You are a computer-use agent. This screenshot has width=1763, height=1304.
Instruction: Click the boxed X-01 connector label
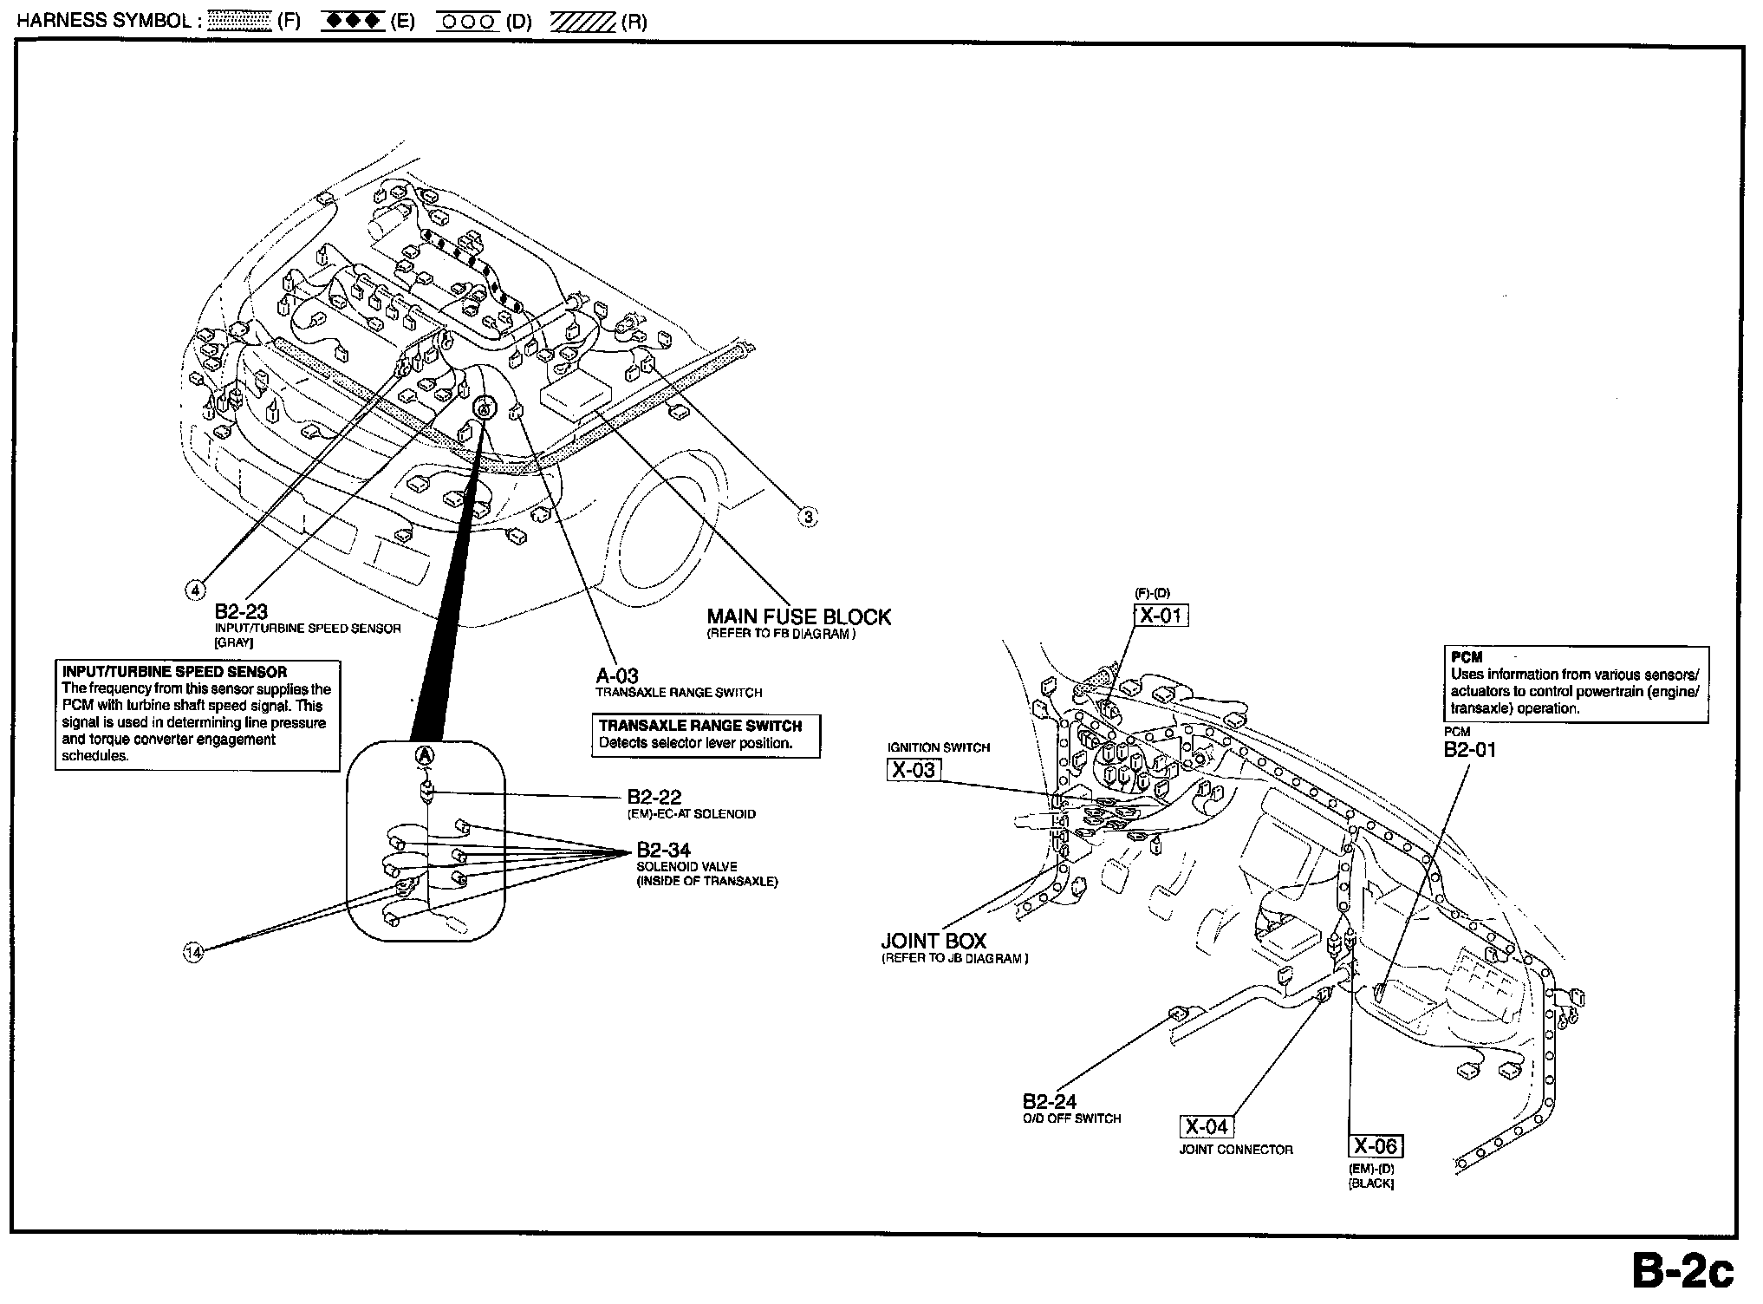tap(1161, 616)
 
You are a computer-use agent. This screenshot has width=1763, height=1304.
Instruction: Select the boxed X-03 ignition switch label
tap(914, 769)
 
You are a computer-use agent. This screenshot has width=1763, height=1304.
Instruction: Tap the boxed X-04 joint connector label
tap(1206, 1126)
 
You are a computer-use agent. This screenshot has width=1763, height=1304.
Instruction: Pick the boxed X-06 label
tap(1376, 1146)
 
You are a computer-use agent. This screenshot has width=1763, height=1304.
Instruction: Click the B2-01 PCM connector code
tap(1469, 750)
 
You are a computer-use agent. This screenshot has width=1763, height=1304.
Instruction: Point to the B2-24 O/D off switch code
tap(1049, 1102)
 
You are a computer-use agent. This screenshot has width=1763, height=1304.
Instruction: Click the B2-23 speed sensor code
tap(241, 613)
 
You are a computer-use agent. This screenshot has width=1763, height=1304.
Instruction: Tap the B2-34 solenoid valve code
tap(663, 850)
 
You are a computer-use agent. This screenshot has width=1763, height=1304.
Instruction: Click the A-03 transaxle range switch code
tap(616, 676)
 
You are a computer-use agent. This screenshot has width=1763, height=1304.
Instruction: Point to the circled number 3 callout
tap(807, 518)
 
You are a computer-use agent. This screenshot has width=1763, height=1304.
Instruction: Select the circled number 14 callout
tap(193, 952)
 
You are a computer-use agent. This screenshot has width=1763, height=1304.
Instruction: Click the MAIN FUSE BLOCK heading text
tap(798, 617)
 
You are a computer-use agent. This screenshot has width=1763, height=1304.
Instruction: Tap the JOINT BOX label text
tap(934, 941)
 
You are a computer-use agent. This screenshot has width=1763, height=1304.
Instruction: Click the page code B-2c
tap(1682, 1272)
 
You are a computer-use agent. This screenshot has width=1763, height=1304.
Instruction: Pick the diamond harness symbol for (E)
tap(352, 22)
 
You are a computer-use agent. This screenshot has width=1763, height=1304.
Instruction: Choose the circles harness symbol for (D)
tap(468, 22)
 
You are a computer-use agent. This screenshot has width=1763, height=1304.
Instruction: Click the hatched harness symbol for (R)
tap(582, 22)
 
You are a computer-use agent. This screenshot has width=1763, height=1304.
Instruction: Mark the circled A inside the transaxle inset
tap(425, 754)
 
